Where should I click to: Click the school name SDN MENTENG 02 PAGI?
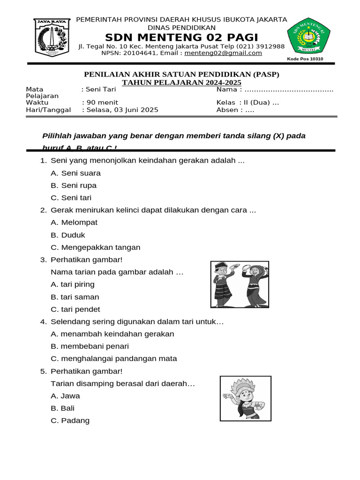tap(181, 37)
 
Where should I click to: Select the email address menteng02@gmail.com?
tap(223, 53)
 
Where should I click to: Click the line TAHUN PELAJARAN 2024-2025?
tap(182, 82)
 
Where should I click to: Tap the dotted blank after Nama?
tap(289, 89)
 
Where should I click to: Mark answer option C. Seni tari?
tap(71, 197)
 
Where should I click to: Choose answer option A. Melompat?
tap(74, 222)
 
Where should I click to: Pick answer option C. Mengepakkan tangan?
tap(96, 247)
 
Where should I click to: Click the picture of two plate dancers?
tap(240, 284)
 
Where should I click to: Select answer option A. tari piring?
tap(73, 284)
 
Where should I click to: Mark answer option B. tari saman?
tap(75, 297)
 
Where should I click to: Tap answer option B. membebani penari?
tap(90, 346)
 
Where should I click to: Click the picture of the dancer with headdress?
tap(243, 398)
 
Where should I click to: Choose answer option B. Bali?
tap(63, 408)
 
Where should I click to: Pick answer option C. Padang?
tap(70, 420)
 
